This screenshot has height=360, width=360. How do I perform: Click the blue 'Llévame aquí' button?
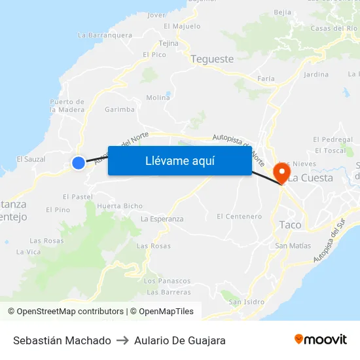(179, 160)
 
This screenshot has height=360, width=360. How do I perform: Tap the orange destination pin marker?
(282, 173)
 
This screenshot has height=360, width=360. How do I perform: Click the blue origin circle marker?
(79, 164)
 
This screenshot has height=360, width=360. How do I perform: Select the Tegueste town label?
(212, 59)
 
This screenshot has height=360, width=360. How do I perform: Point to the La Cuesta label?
(311, 177)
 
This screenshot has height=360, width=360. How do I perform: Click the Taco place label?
(290, 225)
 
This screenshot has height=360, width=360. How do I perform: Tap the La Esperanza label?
(162, 219)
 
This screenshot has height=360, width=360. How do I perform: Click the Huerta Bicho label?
(119, 206)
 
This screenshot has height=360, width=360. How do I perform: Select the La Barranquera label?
(105, 35)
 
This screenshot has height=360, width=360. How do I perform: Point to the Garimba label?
(119, 109)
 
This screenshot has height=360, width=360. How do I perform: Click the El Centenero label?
(239, 216)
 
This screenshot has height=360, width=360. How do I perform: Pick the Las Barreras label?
(168, 292)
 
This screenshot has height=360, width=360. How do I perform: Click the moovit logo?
(321, 340)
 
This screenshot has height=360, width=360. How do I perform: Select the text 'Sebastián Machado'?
(62, 340)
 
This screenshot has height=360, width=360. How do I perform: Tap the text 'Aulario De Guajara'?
(180, 340)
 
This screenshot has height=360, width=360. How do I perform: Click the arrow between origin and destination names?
(122, 340)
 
